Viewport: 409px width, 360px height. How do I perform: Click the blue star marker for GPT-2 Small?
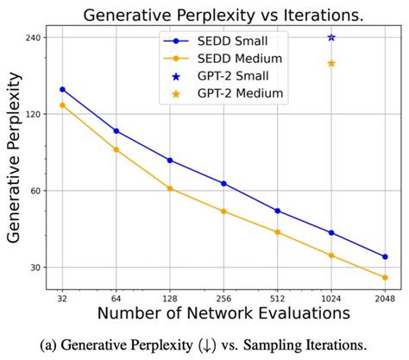[x=331, y=37]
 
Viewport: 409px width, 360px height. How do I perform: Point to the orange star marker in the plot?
[x=331, y=64]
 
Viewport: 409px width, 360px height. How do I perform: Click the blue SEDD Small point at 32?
[x=62, y=89]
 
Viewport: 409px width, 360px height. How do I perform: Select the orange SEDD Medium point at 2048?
[x=385, y=277]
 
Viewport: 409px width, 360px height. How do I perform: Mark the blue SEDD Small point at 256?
[x=223, y=183]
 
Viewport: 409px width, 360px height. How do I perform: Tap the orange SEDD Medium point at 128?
[x=170, y=188]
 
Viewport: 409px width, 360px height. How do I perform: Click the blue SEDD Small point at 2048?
[x=385, y=256]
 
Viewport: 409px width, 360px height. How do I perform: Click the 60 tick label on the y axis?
[x=38, y=191]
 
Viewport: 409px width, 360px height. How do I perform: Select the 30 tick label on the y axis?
[x=38, y=268]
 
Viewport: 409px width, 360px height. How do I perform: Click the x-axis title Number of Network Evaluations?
[x=223, y=313]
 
